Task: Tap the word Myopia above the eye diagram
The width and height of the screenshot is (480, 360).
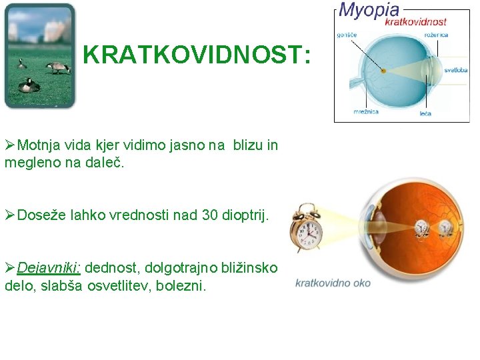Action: click(369, 9)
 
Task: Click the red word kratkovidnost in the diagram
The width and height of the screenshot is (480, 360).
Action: click(415, 21)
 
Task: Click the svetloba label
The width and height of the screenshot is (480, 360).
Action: click(457, 70)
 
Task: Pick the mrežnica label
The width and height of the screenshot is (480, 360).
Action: click(367, 111)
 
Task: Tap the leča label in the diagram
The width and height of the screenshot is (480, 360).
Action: click(425, 113)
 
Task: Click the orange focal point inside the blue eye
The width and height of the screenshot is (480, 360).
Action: click(383, 71)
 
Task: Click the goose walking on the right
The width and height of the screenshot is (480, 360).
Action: click(58, 67)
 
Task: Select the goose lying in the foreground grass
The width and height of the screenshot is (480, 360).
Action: click(29, 85)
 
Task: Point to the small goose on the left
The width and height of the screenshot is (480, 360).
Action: click(21, 64)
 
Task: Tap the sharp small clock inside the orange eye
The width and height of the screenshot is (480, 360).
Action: click(421, 229)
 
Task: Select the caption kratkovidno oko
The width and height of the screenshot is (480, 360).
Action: click(333, 283)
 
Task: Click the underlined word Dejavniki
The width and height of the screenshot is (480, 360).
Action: click(49, 268)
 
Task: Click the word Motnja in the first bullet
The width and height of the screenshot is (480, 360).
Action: click(39, 145)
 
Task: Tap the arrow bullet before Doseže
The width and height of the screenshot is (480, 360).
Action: click(10, 215)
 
